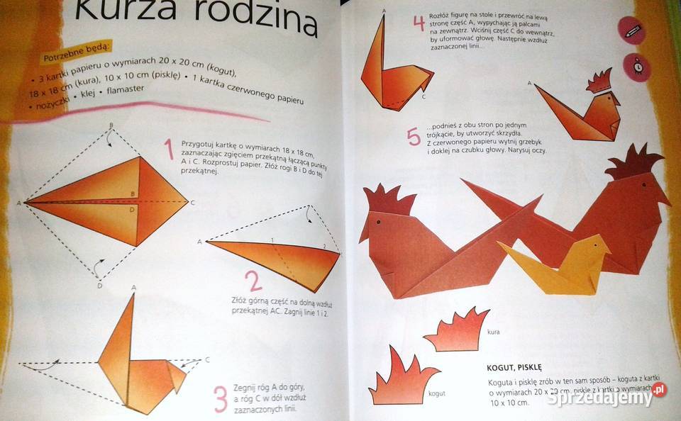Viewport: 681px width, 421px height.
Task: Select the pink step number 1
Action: [x=169, y=150]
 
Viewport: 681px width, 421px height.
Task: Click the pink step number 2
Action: [x=253, y=281]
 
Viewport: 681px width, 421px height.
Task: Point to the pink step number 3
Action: [x=221, y=398]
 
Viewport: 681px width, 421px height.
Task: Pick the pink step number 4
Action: [x=419, y=23]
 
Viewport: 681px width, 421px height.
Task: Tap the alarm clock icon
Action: [x=637, y=66]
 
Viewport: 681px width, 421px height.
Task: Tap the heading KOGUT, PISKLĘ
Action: [x=514, y=367]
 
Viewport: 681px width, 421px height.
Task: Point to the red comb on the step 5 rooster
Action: [x=599, y=81]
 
